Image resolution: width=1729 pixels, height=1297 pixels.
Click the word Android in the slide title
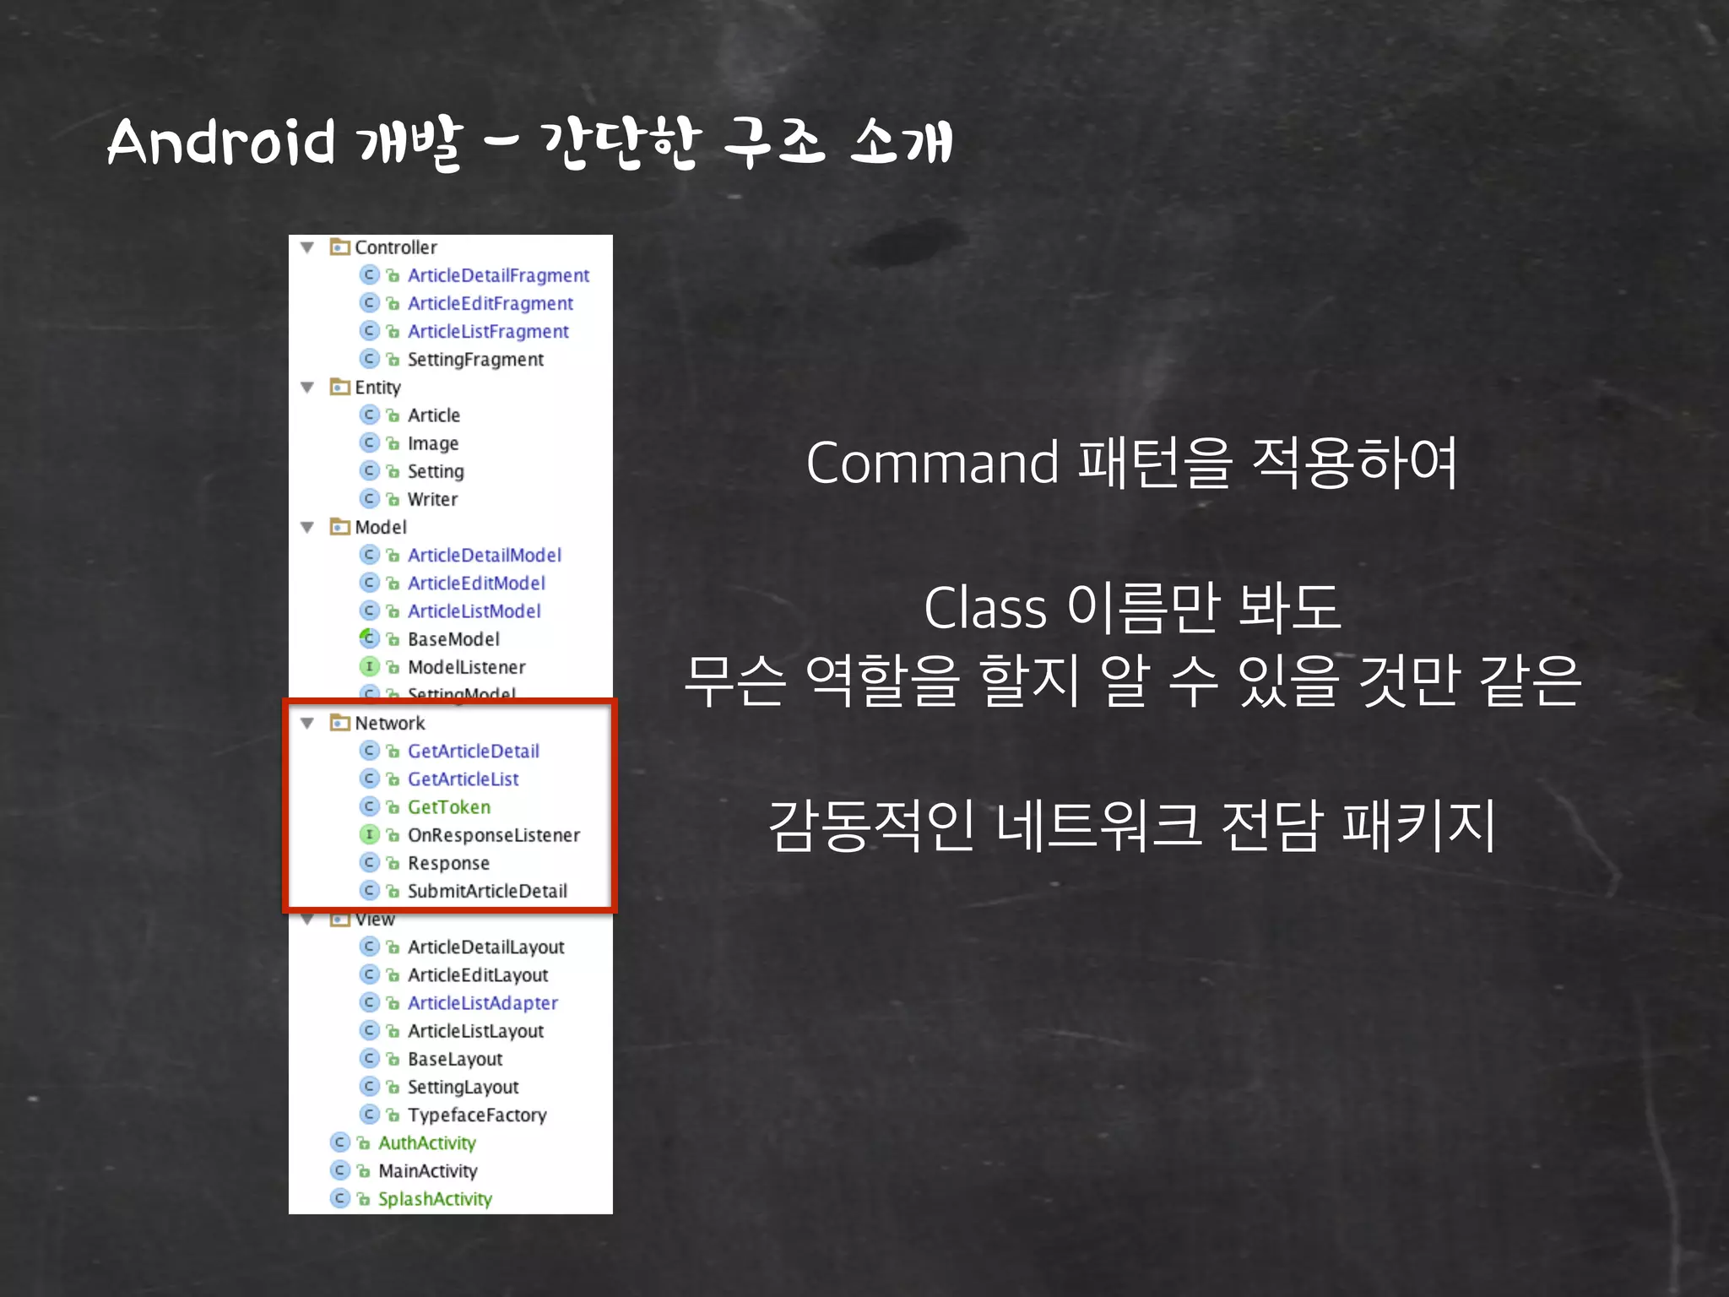(221, 141)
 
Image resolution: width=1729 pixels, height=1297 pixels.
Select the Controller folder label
(395, 247)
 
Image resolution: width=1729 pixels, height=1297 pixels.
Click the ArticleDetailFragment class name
(498, 275)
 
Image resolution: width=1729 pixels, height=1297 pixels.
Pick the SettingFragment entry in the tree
(475, 360)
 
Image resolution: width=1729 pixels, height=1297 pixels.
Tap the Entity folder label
(377, 388)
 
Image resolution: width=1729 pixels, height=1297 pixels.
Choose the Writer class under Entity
(432, 499)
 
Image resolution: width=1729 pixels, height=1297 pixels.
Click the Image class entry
(433, 443)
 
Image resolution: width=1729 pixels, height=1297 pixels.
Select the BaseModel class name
(453, 639)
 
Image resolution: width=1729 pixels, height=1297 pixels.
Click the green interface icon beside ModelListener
(369, 667)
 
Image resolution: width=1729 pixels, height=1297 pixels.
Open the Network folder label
(389, 723)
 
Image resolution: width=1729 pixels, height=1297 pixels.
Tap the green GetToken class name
(449, 807)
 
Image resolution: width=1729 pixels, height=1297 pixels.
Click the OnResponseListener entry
(494, 835)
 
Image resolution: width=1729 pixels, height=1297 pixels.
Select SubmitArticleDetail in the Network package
(487, 891)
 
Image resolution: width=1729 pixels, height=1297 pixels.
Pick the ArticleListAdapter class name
(483, 1003)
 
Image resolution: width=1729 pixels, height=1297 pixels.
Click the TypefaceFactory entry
(477, 1115)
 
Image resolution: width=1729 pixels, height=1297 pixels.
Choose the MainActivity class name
(428, 1171)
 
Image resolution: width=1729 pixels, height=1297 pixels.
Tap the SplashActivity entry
(435, 1199)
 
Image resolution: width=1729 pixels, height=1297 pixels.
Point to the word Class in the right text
(984, 608)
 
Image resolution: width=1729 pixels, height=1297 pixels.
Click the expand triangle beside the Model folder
(307, 528)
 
